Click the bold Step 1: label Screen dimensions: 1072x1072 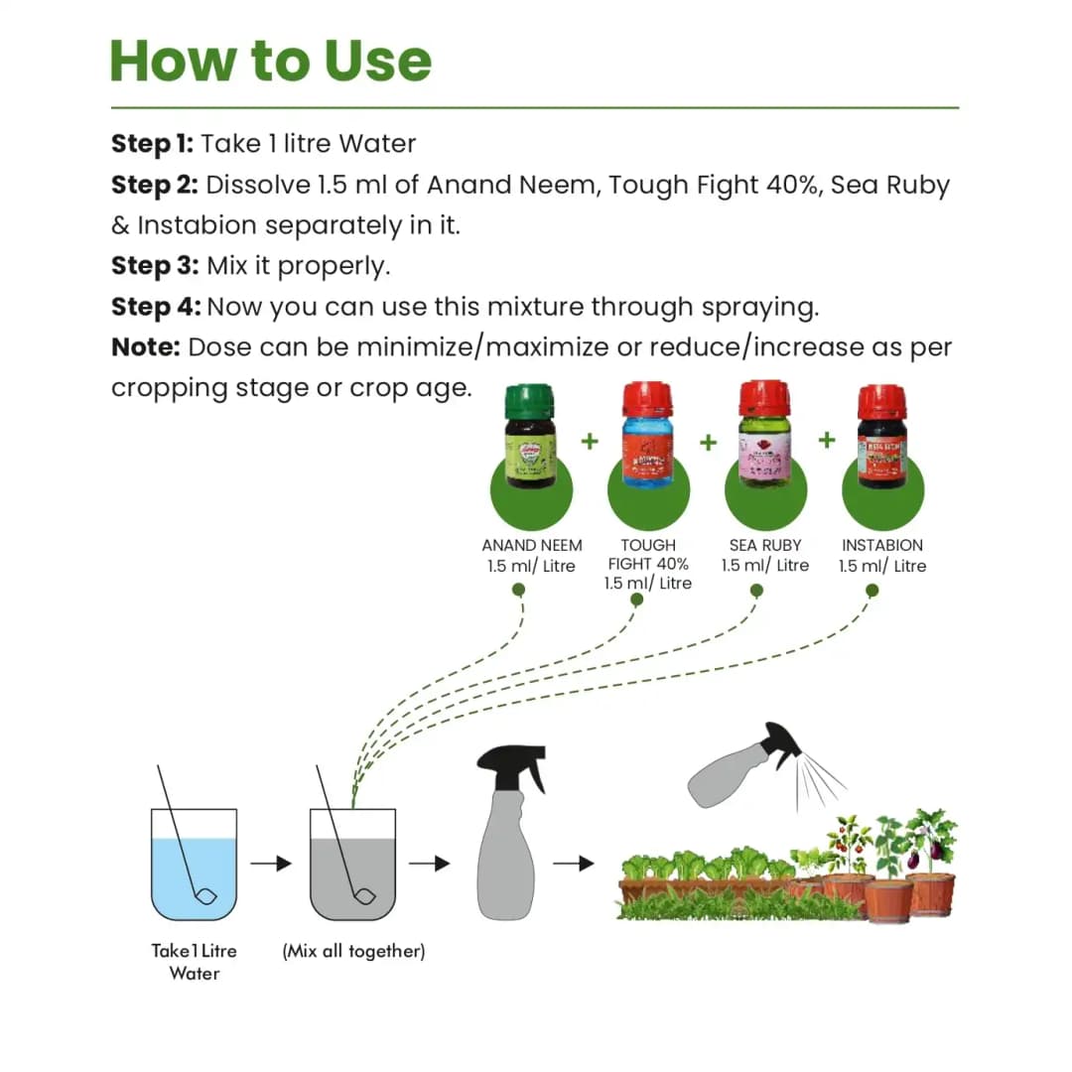[x=152, y=144]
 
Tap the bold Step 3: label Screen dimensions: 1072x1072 [x=155, y=266]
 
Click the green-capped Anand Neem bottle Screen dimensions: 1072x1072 [x=530, y=437]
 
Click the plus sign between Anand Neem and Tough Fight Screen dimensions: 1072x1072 [x=590, y=441]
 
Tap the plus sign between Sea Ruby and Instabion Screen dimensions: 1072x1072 [x=826, y=439]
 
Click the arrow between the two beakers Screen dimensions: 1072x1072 [x=270, y=864]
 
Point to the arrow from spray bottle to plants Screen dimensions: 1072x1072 [x=573, y=864]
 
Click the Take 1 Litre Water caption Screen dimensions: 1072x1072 [x=195, y=962]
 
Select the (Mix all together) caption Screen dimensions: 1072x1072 [x=353, y=951]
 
